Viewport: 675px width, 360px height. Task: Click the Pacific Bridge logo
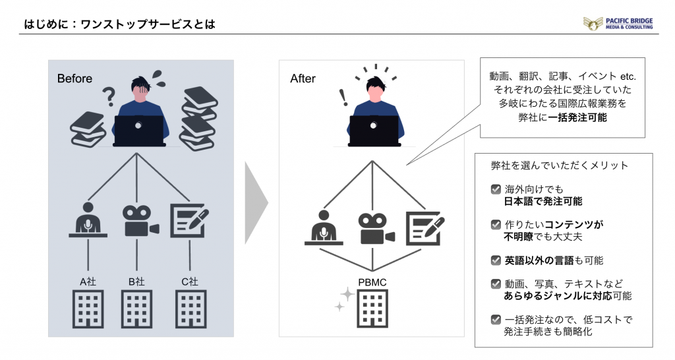(x=618, y=23)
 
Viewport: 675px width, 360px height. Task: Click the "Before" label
(x=74, y=78)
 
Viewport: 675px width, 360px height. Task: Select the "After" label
(x=303, y=78)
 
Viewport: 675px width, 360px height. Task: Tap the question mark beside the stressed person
(x=109, y=96)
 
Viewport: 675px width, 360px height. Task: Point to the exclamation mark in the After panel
(x=343, y=98)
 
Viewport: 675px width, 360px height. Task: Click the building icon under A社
(x=88, y=309)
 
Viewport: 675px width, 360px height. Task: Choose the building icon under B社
(x=136, y=309)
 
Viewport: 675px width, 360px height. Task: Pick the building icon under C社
(x=191, y=309)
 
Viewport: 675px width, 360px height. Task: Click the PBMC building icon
(x=372, y=309)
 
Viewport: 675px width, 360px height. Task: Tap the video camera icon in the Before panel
(x=141, y=220)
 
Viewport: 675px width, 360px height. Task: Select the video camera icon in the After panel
(x=376, y=229)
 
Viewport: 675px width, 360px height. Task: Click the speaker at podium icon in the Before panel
(x=88, y=220)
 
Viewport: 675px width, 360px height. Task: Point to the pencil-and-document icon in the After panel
(x=425, y=228)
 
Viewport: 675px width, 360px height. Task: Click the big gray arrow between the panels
(x=256, y=203)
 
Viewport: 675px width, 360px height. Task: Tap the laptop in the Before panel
(x=138, y=131)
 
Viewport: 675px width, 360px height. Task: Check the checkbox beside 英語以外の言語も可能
(x=496, y=260)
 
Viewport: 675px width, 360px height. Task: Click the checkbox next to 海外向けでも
(x=496, y=189)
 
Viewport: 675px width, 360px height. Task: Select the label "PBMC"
(x=372, y=282)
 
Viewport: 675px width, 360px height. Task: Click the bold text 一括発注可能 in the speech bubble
(x=577, y=117)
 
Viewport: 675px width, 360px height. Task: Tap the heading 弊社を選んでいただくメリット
(x=560, y=165)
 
